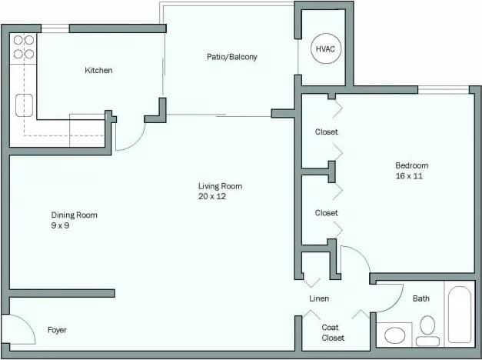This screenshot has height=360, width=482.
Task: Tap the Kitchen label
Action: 98,71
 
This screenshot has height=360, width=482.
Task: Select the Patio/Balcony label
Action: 231,57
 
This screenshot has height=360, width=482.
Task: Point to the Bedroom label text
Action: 411,165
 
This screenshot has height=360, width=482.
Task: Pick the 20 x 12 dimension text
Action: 211,196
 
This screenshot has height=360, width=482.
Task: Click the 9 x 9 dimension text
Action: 61,225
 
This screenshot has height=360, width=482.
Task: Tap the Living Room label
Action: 220,186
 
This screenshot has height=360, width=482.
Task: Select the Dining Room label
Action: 74,215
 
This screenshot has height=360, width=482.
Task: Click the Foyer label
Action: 57,330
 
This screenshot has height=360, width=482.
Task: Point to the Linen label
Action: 318,298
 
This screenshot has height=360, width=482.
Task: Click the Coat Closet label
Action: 333,332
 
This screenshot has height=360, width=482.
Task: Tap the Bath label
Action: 421,298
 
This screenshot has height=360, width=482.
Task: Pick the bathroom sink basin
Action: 395,335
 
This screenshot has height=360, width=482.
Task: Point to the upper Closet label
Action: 326,132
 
